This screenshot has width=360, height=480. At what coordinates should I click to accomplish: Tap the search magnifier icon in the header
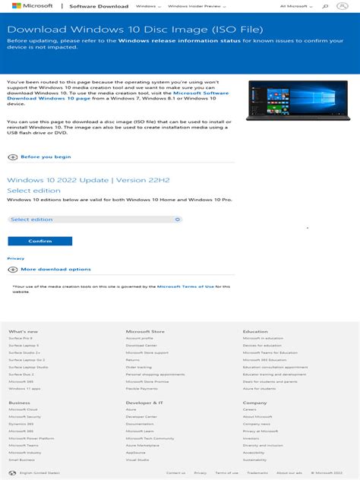pos(326,6)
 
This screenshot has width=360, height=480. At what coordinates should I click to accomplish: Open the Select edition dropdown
pos(95,219)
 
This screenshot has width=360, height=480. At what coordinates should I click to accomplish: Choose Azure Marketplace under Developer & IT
pos(143,446)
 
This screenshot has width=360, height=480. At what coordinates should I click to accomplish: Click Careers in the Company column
pos(250,409)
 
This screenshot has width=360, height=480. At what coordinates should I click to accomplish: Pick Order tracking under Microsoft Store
pos(139,367)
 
